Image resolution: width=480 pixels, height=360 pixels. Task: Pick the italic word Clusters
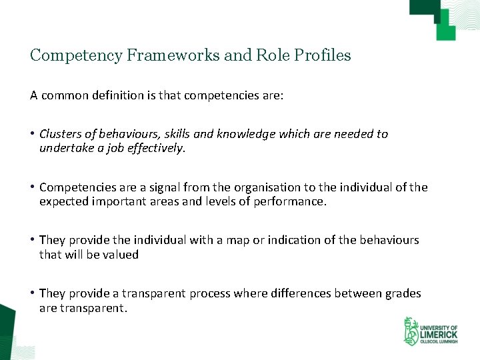(x=61, y=134)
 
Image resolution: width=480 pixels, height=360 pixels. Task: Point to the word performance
(x=290, y=201)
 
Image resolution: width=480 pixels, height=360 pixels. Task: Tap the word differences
(x=303, y=293)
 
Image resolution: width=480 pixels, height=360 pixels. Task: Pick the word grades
(x=403, y=293)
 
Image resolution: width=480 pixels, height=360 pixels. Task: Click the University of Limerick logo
(x=430, y=331)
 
